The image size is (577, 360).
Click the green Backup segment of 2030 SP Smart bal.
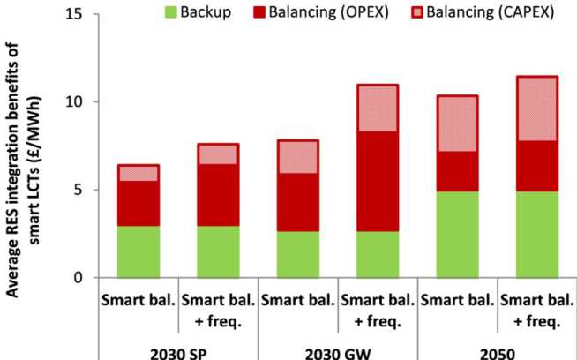pos(139,251)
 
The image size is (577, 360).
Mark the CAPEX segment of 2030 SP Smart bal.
pos(139,173)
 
